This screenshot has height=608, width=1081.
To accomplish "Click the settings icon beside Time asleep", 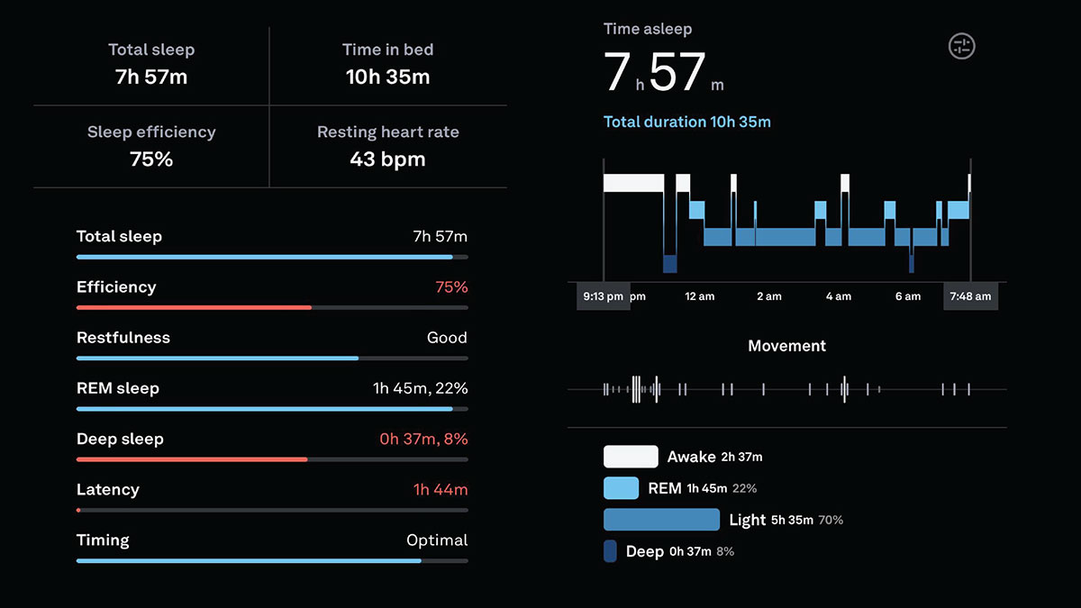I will tap(962, 47).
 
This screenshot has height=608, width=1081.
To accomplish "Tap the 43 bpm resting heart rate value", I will tap(387, 159).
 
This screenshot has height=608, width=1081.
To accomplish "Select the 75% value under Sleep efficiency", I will tap(151, 159).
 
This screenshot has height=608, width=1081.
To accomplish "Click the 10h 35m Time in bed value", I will tap(387, 77).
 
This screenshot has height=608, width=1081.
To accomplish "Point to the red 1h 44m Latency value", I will tap(441, 490).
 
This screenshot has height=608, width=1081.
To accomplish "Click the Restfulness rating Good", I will tap(447, 338).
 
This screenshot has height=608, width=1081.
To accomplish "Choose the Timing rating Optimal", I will tap(437, 540).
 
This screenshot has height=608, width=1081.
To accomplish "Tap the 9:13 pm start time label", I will tap(604, 296).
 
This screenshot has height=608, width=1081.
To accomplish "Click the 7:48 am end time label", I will tap(970, 296).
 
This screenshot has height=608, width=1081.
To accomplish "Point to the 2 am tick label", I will tap(769, 296).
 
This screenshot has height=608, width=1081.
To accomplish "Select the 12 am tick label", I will tap(700, 296).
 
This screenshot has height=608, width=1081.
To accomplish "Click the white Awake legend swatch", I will tap(631, 457).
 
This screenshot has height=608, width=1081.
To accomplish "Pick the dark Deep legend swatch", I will tap(610, 551).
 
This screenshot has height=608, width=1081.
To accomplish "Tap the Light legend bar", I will tap(661, 520).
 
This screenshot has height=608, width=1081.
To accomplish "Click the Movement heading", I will tap(786, 346).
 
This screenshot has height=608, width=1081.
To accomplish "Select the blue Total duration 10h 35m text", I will tap(686, 122).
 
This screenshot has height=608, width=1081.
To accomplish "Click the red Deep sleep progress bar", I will tap(192, 459).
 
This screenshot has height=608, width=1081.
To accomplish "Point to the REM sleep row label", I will tap(118, 388).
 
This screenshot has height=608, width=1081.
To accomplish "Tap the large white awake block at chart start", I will tap(633, 183).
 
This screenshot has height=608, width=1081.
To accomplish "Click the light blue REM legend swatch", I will tap(621, 488).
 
